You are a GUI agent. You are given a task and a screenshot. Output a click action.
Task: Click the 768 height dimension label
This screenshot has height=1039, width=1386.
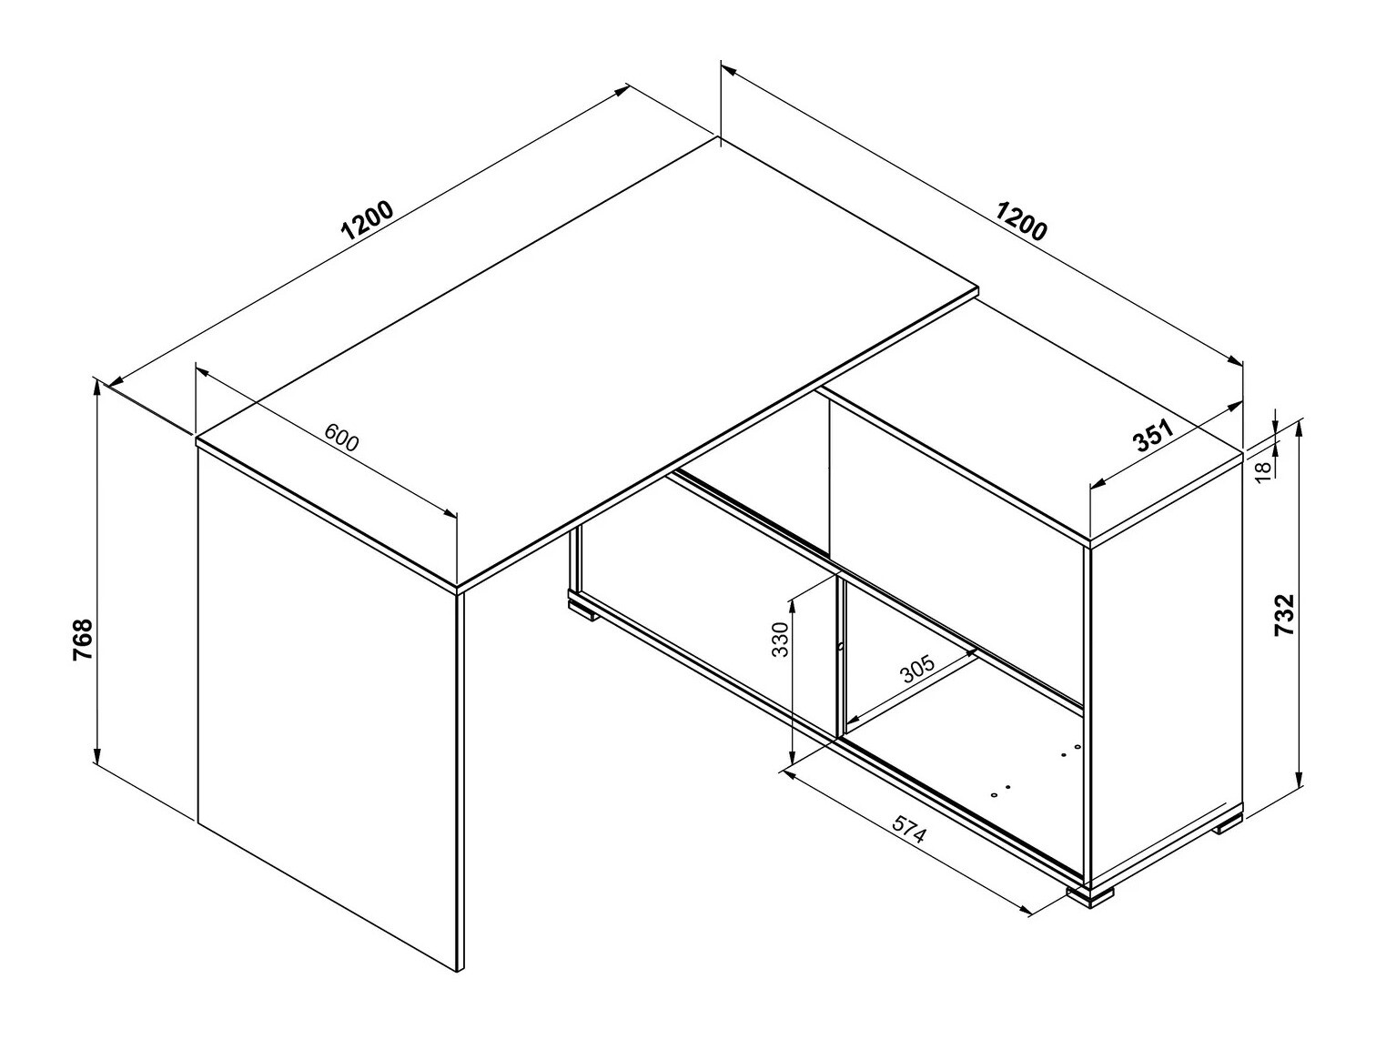click(x=83, y=640)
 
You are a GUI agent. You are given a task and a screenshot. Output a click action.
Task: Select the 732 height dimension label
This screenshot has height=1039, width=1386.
click(x=1284, y=615)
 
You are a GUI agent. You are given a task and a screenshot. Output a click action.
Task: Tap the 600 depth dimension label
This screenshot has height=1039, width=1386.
click(x=341, y=438)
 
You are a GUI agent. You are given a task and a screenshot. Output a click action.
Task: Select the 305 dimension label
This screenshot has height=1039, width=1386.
click(x=916, y=670)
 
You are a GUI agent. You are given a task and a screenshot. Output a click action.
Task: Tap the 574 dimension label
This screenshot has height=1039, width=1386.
click(x=909, y=830)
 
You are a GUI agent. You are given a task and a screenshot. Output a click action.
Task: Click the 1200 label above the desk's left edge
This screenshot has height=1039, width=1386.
click(x=367, y=220)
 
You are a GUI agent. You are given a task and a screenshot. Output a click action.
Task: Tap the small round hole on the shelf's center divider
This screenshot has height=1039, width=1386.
click(x=841, y=646)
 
